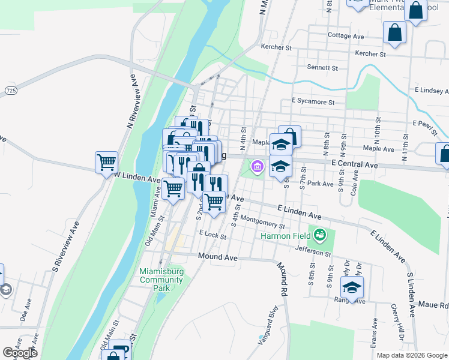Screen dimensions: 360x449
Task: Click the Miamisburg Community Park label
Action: (x=161, y=280)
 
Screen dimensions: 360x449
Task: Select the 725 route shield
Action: (x=10, y=90)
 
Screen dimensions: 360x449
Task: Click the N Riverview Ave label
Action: (x=135, y=102)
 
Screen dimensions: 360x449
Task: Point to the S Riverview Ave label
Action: (x=66, y=245)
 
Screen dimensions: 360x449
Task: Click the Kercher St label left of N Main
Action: (x=276, y=47)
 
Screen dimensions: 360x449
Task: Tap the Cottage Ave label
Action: (x=346, y=36)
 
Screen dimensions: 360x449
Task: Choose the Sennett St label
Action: (x=322, y=68)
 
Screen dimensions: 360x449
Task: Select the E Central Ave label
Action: (x=354, y=164)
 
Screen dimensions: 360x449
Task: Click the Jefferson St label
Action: (x=313, y=250)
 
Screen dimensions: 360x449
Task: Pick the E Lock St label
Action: (x=212, y=236)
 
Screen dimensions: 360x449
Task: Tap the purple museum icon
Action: (x=258, y=166)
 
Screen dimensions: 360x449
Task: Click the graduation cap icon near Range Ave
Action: (x=352, y=286)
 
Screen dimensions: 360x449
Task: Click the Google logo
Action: (x=20, y=353)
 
